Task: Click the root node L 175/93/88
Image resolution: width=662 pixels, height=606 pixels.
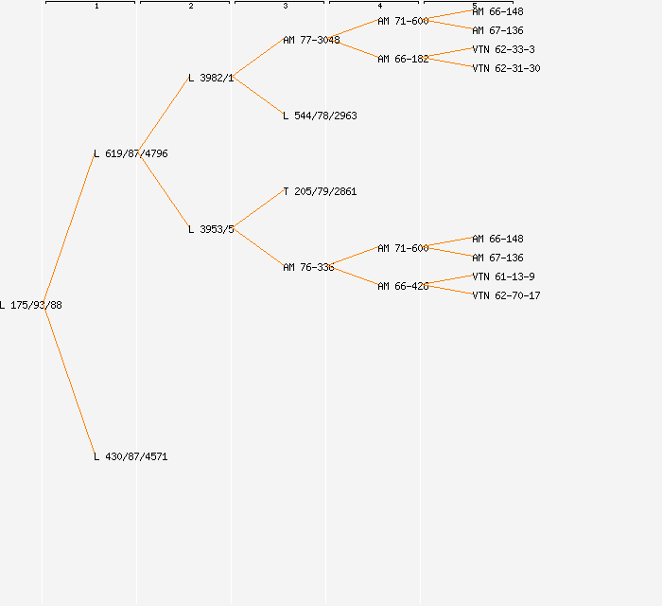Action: pos(31,305)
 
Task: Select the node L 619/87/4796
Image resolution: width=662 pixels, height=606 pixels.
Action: pos(131,153)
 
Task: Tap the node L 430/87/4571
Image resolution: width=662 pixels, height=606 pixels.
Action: pos(131,456)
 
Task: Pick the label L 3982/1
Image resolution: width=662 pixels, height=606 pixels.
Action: pos(211,78)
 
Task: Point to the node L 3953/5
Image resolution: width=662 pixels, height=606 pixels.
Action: pos(211,229)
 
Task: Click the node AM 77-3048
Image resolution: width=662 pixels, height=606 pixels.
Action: pos(311,40)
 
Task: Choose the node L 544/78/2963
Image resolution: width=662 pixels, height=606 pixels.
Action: pos(320,116)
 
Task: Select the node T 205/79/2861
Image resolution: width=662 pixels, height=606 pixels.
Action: pos(320,191)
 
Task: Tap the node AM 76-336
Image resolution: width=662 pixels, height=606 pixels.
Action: pos(308,267)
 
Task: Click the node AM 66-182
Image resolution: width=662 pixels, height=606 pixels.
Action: pos(403,59)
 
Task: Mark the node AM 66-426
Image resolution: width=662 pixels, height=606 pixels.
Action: pos(403,286)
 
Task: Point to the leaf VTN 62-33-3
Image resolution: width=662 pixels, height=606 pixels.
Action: pos(503,49)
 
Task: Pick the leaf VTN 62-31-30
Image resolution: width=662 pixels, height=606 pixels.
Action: pos(506,68)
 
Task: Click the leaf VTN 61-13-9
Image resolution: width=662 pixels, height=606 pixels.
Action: pos(503,276)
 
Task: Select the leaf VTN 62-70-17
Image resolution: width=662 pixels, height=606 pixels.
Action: pos(506,295)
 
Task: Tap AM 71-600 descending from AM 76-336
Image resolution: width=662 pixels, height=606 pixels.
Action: pos(403,248)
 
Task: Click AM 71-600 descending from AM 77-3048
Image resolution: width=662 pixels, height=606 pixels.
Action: pos(403,21)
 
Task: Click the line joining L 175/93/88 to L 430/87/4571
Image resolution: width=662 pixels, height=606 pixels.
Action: pos(68,379)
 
